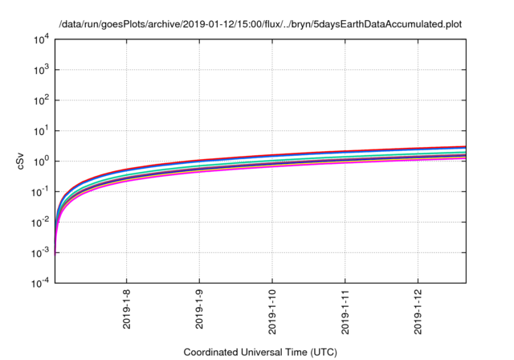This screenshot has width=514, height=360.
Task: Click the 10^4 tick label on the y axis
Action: pos(42,39)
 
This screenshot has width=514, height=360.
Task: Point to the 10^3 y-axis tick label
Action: pos(42,69)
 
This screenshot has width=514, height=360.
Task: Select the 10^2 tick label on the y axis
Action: pos(42,100)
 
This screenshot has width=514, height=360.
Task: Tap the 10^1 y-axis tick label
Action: pos(42,130)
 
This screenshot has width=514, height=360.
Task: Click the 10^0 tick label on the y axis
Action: pos(42,161)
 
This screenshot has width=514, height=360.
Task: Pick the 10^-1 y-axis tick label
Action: pos(40,191)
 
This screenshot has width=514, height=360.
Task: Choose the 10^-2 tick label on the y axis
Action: pos(40,222)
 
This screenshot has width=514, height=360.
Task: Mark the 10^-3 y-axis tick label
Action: pos(40,252)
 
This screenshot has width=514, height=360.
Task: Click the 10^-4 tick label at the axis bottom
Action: pos(40,283)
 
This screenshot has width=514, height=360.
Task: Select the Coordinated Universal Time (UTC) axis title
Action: pos(258,352)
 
